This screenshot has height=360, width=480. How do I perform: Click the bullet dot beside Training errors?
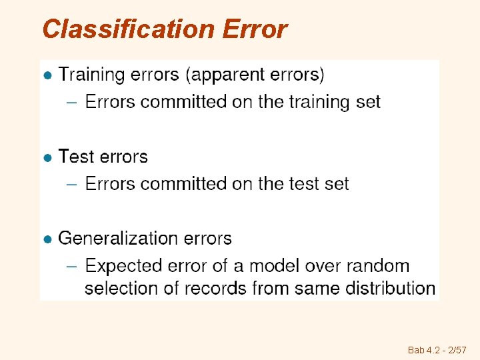pos(47,76)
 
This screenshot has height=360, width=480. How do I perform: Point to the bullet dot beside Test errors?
pos(47,158)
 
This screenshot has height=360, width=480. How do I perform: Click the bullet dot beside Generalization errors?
pos(47,239)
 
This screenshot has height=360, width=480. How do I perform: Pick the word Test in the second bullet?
pos(75,157)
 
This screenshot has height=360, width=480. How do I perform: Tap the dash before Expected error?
pos(73,266)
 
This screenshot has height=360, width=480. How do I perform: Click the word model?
pos(275,265)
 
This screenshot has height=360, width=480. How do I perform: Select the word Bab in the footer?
pos(415,350)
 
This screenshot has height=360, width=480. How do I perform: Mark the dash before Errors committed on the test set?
pos(73,184)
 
